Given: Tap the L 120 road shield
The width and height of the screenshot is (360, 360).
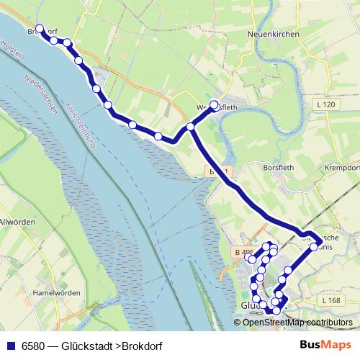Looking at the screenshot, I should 326,105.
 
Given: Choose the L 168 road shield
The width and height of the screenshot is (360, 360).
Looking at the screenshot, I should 331,300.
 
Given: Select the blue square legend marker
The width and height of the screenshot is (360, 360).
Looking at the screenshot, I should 11,345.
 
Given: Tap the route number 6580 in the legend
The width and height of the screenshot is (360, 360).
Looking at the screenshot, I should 35,345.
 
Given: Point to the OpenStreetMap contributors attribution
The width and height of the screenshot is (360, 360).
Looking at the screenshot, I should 297,323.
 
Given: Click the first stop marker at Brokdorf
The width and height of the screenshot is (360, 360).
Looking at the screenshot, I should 40,30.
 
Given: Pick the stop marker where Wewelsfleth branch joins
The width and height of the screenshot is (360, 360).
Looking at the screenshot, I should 191,127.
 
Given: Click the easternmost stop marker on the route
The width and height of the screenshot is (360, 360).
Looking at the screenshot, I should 314,247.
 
